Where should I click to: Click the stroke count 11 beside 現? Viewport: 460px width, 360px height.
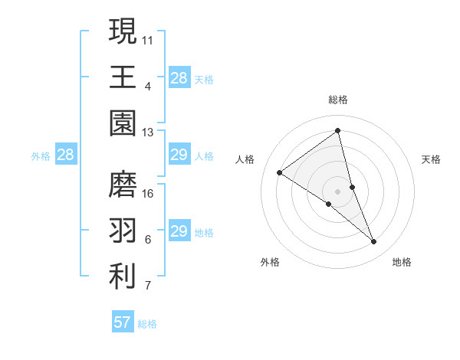click(x=148, y=38)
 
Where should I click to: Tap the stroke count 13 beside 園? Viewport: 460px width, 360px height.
click(x=148, y=133)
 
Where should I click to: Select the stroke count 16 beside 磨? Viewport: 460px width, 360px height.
click(x=148, y=192)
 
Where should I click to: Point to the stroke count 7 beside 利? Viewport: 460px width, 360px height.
click(x=148, y=286)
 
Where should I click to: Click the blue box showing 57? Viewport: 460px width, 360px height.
click(x=123, y=322)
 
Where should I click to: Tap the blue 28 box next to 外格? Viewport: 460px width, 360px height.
click(x=66, y=155)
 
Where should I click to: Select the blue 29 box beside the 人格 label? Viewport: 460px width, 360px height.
click(x=179, y=155)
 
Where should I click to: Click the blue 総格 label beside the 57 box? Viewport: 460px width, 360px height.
click(x=147, y=324)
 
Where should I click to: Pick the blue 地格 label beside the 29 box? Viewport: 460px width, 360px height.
click(x=204, y=233)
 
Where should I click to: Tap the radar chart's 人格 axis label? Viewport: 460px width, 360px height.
click(x=245, y=159)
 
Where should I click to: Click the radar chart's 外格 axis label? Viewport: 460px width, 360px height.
click(x=270, y=262)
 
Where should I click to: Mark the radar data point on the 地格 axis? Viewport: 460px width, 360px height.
click(x=373, y=241)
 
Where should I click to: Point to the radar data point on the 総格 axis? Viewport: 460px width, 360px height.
click(x=337, y=131)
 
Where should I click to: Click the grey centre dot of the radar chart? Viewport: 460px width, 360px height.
click(x=337, y=191)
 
